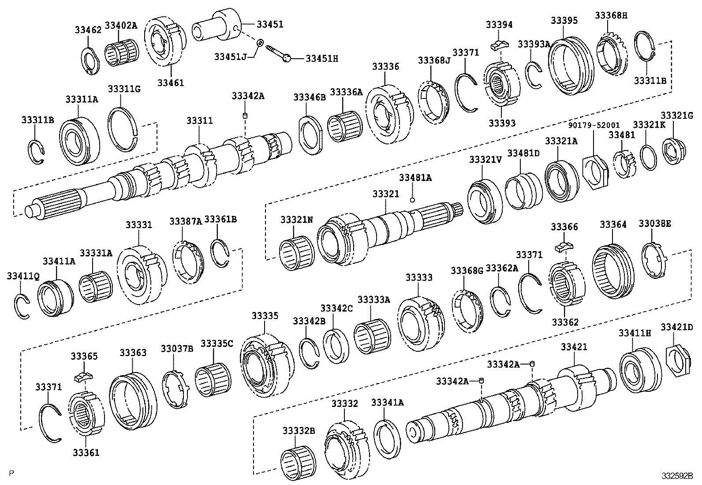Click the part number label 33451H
coord(322,58)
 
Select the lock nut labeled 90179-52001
coord(595,170)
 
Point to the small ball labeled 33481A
coord(412,200)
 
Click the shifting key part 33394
coord(500,44)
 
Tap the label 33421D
coord(676,327)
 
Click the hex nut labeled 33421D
coord(675,360)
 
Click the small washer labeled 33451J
coord(260,42)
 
